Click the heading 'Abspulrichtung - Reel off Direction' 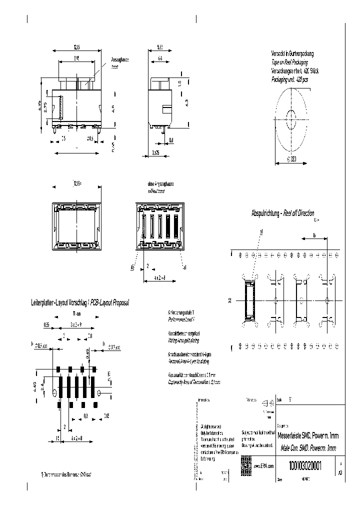pos(282,213)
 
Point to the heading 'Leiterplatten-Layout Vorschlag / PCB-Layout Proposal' pos(80,303)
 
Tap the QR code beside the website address pos(245,462)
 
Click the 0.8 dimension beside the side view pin pos(171,140)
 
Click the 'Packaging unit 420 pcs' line pos(289,79)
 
